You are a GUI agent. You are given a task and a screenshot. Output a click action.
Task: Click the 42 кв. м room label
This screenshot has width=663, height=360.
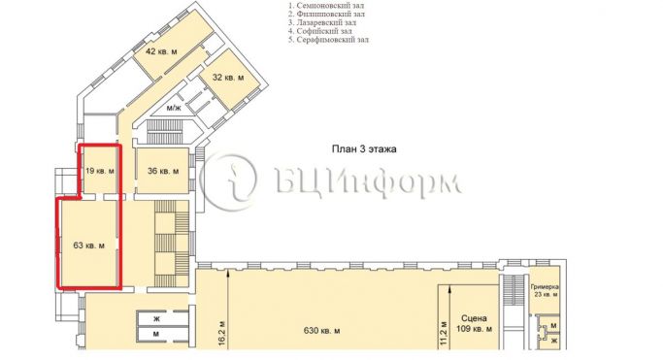click(161, 52)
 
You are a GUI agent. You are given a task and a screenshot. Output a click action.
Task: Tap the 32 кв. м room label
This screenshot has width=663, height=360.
click(228, 78)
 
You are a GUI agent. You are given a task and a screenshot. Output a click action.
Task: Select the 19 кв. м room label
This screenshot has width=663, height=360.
click(100, 171)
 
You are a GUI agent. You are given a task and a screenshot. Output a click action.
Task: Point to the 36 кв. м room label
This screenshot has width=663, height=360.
click(163, 171)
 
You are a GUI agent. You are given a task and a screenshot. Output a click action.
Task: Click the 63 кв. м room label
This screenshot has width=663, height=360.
click(89, 245)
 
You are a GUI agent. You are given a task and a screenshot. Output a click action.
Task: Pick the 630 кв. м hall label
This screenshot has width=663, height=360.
click(321, 331)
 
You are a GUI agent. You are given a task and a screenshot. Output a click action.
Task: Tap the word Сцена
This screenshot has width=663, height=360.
click(474, 318)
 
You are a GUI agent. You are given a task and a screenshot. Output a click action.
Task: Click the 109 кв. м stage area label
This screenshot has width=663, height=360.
click(474, 329)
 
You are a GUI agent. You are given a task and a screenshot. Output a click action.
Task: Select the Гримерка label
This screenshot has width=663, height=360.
click(545, 287)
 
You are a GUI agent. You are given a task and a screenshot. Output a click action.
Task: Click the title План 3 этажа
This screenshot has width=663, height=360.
click(364, 149)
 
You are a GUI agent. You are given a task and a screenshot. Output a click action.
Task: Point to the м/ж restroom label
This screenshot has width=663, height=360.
click(174, 108)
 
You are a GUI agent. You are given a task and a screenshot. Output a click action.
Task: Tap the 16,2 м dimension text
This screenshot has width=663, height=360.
click(223, 334)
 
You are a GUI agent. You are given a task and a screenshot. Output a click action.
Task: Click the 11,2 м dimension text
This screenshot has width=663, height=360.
click(444, 334)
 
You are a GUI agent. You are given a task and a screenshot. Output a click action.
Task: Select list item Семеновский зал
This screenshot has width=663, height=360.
click(326, 6)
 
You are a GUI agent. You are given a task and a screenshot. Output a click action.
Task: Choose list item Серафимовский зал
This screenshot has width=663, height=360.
click(328, 40)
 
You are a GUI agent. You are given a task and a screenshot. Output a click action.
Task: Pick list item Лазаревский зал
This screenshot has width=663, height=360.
click(322, 23)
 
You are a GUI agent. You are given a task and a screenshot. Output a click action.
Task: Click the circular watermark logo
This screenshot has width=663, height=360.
click(228, 181)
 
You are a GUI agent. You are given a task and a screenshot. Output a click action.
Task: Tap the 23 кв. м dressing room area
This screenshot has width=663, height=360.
click(546, 294)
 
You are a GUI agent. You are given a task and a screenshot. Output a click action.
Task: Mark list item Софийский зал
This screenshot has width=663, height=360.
click(320, 31)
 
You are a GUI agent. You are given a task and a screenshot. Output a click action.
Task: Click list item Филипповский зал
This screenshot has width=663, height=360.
click(327, 14)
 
